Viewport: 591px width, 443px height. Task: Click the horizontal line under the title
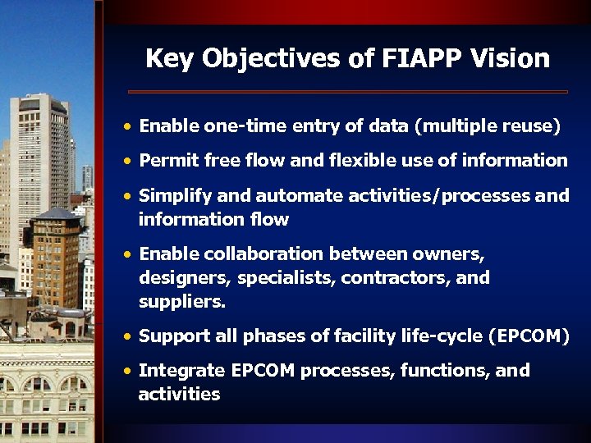(x=348, y=91)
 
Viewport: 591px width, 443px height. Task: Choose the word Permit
(x=166, y=161)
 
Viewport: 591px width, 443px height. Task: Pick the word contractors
(x=396, y=278)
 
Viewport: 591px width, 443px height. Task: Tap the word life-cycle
(x=446, y=336)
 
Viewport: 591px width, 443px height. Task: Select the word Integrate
(x=181, y=371)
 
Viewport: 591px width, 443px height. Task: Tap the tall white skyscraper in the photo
(x=39, y=164)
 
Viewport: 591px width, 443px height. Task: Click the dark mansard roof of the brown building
(x=56, y=216)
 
